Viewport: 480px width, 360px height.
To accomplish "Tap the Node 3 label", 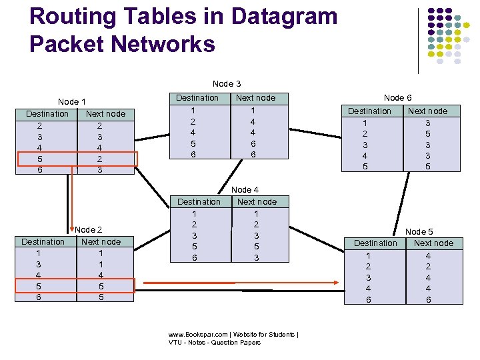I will coord(227,84).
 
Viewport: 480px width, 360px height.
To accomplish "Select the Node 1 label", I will coord(72,102).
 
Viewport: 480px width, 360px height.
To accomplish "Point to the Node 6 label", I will coord(397,98).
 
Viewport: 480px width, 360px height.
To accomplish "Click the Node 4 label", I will coord(245,190).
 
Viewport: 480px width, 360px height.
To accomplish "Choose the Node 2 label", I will coord(89,230).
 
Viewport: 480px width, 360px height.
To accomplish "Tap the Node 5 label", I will coord(419,231).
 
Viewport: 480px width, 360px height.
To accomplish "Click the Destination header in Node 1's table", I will coord(47,114).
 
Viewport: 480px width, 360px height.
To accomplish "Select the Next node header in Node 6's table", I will coord(427,111).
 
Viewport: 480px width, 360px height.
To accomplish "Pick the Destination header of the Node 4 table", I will coord(199,202).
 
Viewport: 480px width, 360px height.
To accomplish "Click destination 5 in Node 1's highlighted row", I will coord(40,159).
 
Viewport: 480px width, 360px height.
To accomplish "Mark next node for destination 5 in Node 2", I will coord(101,286).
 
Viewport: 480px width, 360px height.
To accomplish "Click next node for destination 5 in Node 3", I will coord(253,143).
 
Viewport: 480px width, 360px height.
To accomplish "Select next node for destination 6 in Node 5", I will coord(429,300).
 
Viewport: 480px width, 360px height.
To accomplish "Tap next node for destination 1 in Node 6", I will coord(428,123).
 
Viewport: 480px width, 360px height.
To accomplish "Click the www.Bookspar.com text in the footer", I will coord(198,335).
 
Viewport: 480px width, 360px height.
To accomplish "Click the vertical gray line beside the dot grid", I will coord(418,40).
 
